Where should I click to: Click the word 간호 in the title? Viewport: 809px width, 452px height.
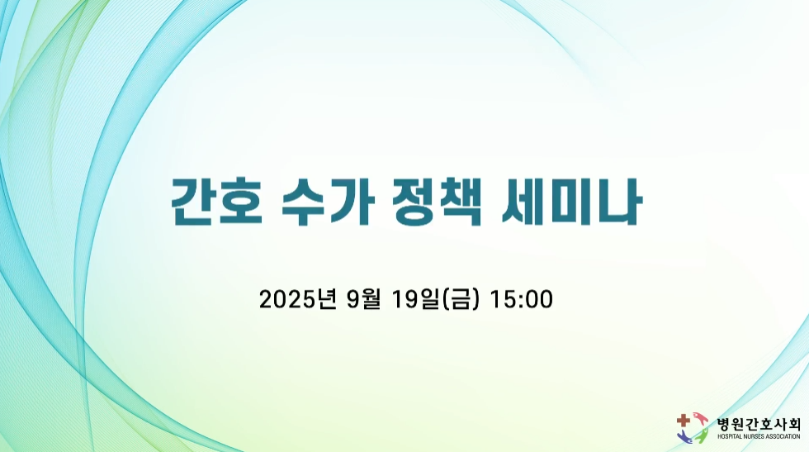pyautogui.click(x=217, y=202)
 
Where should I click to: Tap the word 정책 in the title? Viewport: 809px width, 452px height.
pyautogui.click(x=437, y=202)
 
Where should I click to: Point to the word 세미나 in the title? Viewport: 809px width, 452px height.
pyautogui.click(x=571, y=202)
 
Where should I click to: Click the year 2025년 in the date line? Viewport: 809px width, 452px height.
pyautogui.click(x=298, y=299)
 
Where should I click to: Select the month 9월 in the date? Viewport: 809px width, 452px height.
pyautogui.click(x=363, y=299)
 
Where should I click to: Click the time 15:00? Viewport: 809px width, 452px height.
pyautogui.click(x=521, y=300)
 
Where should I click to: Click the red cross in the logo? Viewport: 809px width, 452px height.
pyautogui.click(x=684, y=421)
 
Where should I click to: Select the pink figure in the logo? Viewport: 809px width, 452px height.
pyautogui.click(x=700, y=418)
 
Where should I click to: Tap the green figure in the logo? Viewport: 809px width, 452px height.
pyautogui.click(x=701, y=436)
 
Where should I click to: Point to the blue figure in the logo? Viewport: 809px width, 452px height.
pyautogui.click(x=685, y=436)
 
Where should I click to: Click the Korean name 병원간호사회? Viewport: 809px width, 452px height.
pyautogui.click(x=759, y=425)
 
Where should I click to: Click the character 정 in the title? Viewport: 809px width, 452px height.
pyautogui.click(x=413, y=202)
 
